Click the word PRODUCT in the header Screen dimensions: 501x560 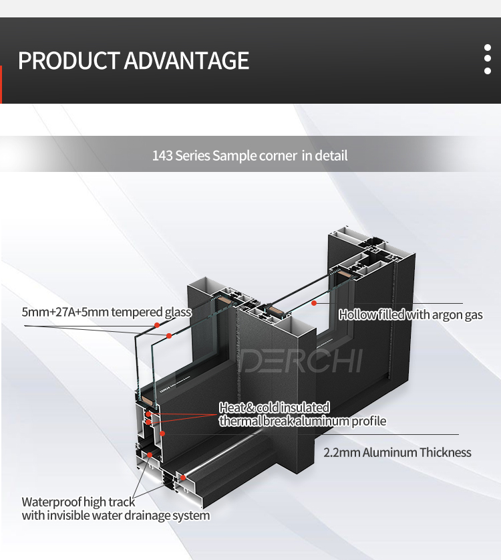tap(68, 60)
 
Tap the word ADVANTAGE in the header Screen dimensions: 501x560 tap(186, 60)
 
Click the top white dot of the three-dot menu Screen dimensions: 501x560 tap(488, 48)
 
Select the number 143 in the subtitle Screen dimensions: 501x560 tap(162, 156)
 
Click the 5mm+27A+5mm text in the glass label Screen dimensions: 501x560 tap(65, 312)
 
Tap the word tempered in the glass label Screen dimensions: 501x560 tap(136, 312)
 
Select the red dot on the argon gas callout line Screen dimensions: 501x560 tap(314, 303)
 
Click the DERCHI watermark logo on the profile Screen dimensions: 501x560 tap(301, 361)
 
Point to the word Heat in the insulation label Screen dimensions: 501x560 tap(232, 407)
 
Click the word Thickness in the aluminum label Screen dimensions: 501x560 tap(445, 452)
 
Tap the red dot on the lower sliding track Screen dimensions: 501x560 tap(183, 478)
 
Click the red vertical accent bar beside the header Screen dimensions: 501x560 tap(1, 85)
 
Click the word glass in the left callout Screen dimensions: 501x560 tap(178, 312)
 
